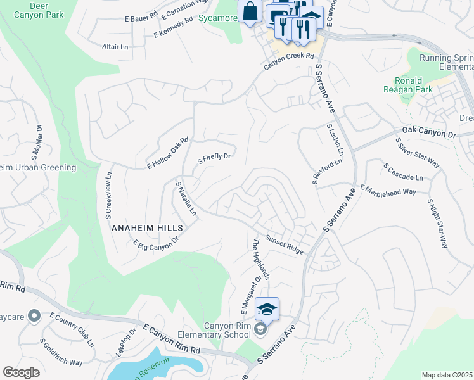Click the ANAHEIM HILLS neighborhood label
pyautogui.click(x=147, y=227)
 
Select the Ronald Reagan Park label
pyautogui.click(x=414, y=85)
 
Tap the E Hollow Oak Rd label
pyautogui.click(x=168, y=153)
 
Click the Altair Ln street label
pyautogui.click(x=115, y=46)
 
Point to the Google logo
pyautogui.click(x=21, y=372)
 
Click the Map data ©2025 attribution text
pyautogui.click(x=447, y=375)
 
